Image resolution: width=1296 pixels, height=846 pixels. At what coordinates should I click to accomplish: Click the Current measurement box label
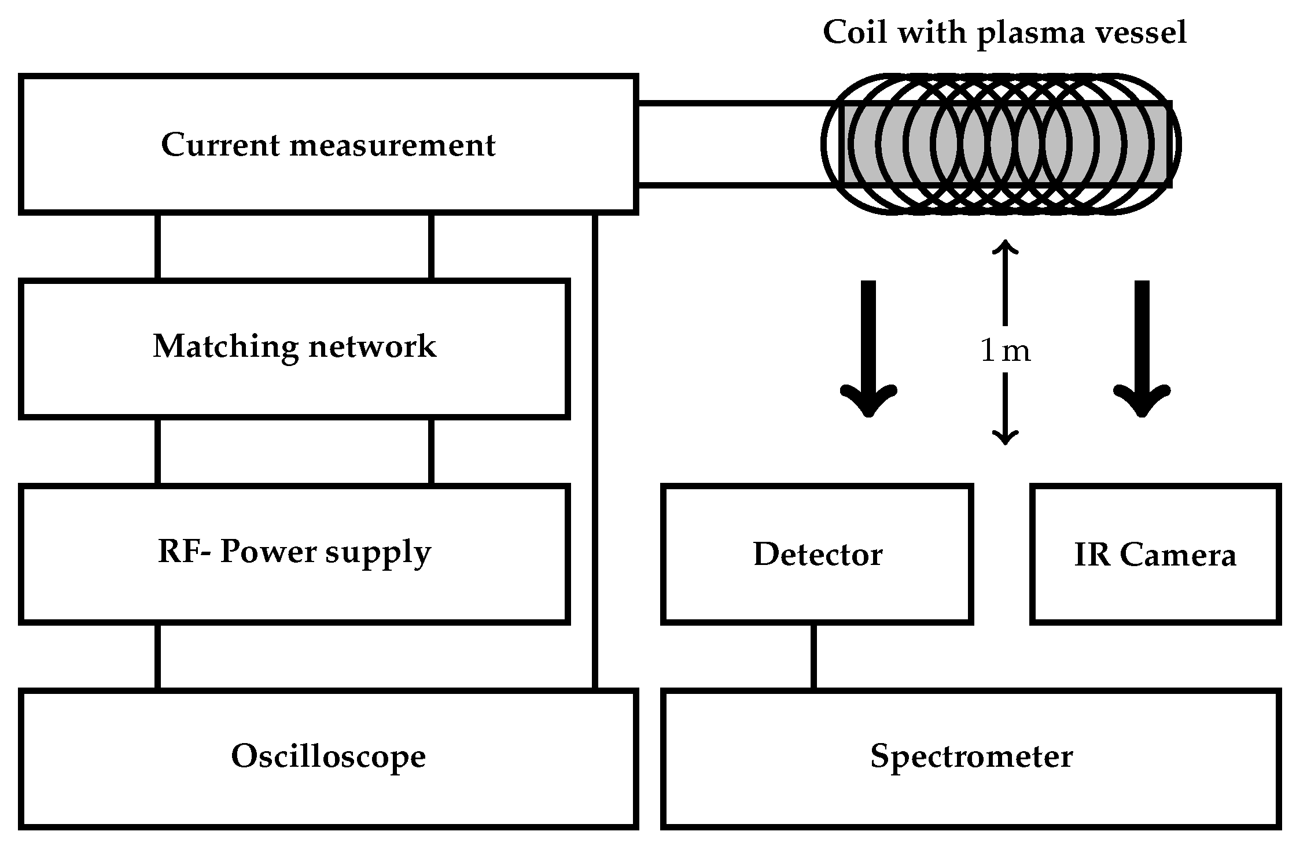[x=328, y=145]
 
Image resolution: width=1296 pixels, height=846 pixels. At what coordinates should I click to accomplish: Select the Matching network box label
[x=294, y=347]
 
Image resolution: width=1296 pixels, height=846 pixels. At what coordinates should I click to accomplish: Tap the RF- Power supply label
[x=294, y=552]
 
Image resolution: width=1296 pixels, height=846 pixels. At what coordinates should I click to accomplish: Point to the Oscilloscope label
[x=328, y=756]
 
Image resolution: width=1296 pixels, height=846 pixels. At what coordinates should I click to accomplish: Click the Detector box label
[x=818, y=555]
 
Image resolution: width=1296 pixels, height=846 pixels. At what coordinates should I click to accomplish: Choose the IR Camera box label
[x=1155, y=555]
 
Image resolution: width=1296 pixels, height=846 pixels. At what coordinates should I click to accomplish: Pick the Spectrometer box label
[x=971, y=756]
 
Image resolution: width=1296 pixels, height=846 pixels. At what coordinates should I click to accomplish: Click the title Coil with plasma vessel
[x=1004, y=32]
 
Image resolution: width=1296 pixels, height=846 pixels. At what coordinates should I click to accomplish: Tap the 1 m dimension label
[x=1006, y=351]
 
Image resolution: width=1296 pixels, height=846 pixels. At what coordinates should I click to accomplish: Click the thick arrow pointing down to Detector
[x=868, y=347]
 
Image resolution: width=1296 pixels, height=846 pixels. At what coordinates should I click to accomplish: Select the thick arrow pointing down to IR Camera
[x=1142, y=347]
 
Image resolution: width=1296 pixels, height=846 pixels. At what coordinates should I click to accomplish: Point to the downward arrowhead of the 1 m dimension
[x=1005, y=438]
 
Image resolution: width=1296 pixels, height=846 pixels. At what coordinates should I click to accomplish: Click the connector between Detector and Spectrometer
[x=813, y=656]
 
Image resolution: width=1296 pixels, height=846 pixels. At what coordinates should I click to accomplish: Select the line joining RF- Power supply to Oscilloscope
[x=157, y=656]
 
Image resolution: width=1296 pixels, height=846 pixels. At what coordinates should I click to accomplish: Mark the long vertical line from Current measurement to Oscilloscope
[x=595, y=451]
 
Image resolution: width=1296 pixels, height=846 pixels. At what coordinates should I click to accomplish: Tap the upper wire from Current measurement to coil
[x=735, y=104]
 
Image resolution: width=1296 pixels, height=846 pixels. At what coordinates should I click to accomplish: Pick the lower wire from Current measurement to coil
[x=735, y=186]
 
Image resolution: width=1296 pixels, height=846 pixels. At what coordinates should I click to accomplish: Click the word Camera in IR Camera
[x=1178, y=555]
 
